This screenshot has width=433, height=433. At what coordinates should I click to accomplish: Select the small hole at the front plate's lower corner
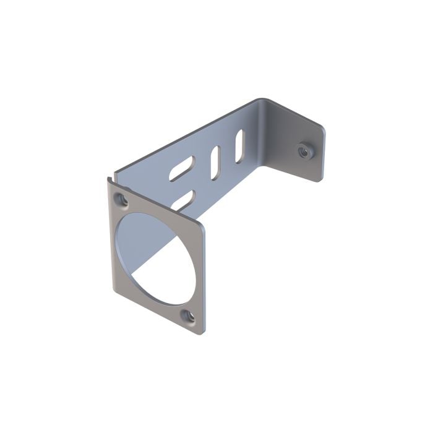click(x=189, y=316)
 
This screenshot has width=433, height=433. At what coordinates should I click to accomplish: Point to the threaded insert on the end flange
click(x=303, y=150)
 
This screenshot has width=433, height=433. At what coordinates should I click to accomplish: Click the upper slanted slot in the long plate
click(x=181, y=168)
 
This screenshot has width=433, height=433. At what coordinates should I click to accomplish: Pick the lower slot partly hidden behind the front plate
click(x=184, y=199)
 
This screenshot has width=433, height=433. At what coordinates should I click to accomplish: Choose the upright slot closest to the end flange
click(x=239, y=146)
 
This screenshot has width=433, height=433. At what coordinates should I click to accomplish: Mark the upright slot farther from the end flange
click(x=215, y=163)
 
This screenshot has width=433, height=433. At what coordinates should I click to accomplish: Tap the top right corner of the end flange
click(x=322, y=126)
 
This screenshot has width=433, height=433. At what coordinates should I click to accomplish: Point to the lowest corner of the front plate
click(x=200, y=333)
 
